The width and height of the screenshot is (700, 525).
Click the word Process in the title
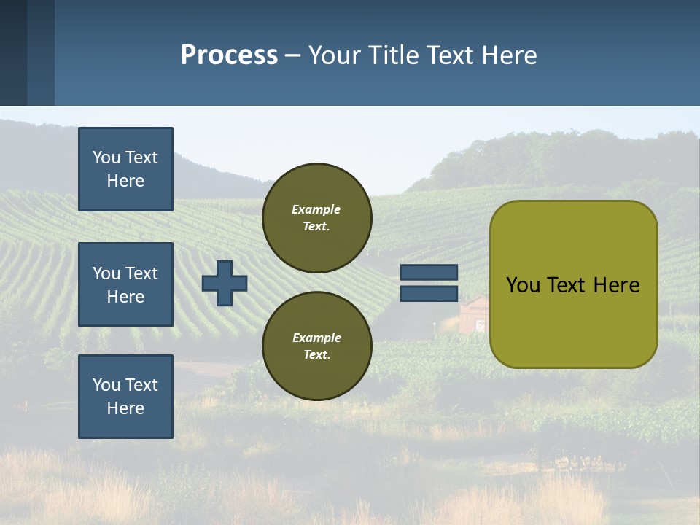[229, 55]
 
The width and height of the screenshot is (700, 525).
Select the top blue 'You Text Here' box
[125, 169]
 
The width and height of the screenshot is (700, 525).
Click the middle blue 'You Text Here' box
[125, 284]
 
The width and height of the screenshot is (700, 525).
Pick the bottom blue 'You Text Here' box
[125, 397]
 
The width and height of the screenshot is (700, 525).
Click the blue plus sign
[225, 283]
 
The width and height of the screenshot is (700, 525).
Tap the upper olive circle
[316, 218]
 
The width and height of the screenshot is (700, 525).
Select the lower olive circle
[316, 346]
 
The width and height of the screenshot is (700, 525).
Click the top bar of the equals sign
[429, 272]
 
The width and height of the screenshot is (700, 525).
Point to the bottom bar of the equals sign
[429, 294]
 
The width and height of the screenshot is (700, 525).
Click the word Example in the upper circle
[316, 209]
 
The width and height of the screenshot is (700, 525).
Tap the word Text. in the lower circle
[316, 355]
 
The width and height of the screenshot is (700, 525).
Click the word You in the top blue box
[106, 157]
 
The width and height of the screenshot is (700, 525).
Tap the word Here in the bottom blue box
[125, 408]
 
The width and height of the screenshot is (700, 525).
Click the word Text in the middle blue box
[141, 273]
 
